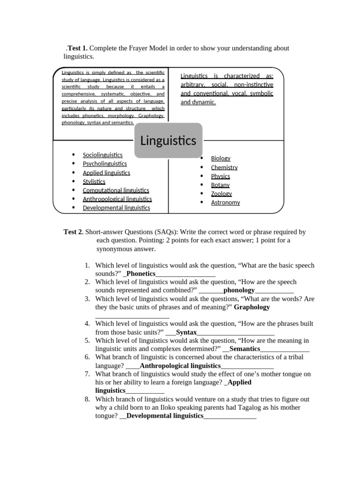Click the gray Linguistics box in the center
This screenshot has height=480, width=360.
click(168, 140)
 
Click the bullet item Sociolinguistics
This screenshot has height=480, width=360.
click(103, 155)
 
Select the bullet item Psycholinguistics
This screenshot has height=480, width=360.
click(105, 164)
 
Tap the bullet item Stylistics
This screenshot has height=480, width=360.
click(94, 181)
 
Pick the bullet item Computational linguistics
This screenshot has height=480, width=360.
click(116, 190)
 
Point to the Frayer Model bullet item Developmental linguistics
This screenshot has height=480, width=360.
click(116, 208)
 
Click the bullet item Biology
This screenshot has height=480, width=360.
click(220, 158)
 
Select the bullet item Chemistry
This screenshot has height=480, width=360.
click(224, 167)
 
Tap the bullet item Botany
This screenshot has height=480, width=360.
click(220, 185)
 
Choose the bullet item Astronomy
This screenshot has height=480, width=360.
click(225, 202)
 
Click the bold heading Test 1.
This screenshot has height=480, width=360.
click(77, 48)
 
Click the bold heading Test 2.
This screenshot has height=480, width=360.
click(74, 232)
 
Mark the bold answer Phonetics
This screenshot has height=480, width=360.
click(141, 274)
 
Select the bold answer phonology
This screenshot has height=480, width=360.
click(239, 290)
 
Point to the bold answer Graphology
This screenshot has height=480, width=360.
click(252, 307)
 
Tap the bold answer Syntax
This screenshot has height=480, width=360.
click(186, 332)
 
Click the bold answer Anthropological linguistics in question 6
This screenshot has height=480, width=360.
click(180, 366)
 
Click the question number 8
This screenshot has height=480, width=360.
click(87, 399)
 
